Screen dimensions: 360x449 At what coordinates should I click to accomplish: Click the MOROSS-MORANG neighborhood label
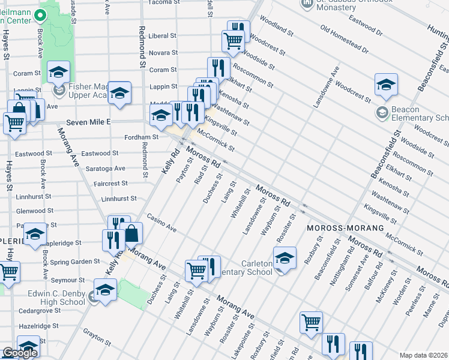[345, 229]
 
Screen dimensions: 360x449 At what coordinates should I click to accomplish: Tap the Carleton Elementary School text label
[249, 268]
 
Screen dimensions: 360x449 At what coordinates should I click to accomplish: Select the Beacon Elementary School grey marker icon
[382, 112]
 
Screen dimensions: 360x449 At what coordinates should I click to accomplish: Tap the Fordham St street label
[141, 137]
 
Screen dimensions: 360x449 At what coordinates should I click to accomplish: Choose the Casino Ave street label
[161, 223]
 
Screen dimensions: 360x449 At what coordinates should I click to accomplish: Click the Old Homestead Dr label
[345, 37]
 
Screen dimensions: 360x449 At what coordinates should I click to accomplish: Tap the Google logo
[20, 353]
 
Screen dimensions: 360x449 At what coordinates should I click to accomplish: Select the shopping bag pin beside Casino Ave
[132, 233]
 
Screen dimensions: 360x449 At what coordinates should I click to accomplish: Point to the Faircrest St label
[111, 183]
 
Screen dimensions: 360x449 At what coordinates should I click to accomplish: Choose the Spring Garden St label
[76, 262]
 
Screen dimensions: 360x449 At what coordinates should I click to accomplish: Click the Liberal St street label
[163, 36]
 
